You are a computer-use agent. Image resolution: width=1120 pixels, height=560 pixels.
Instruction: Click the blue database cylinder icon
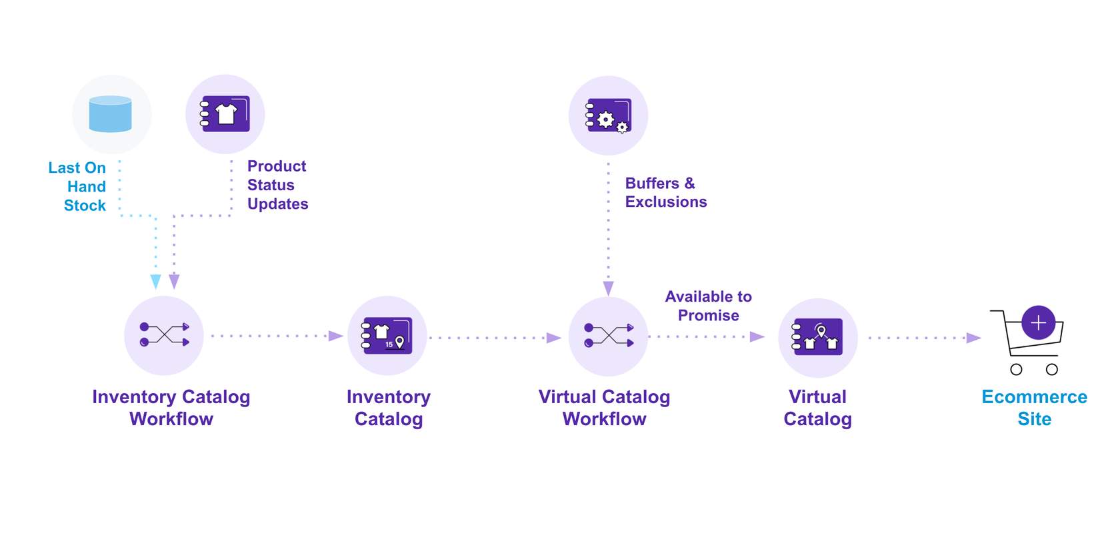point(111,114)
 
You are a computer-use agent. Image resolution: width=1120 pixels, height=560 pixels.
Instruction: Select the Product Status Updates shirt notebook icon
point(225,114)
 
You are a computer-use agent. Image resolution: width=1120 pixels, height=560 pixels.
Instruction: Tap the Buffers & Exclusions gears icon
point(608,116)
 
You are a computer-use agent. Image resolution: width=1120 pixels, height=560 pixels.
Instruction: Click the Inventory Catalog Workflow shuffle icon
point(164,335)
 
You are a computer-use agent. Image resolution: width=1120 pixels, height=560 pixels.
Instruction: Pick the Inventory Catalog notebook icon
point(387,335)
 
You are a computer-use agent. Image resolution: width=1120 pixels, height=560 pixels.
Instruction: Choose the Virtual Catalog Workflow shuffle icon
point(608,336)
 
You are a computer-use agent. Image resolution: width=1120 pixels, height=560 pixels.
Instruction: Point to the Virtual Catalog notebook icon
point(817,337)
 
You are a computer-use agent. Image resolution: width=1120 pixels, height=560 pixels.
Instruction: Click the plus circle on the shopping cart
point(1038,323)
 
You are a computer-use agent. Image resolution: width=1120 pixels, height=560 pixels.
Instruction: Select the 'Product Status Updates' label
point(277,185)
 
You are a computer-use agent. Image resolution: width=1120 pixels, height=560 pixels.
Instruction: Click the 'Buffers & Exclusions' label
point(665,193)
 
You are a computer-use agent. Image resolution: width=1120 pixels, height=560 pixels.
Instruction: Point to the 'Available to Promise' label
point(708,306)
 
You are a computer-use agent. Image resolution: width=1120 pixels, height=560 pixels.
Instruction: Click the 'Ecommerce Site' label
point(1034,408)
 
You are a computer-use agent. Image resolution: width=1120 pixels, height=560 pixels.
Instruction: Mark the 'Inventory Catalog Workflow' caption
point(171,408)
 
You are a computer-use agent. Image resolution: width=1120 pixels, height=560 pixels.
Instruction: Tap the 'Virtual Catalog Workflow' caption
point(604,408)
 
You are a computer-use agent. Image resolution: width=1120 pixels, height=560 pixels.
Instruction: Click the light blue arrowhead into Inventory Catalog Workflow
point(156,282)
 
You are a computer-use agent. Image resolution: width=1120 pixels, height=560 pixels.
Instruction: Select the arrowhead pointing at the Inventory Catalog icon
point(336,336)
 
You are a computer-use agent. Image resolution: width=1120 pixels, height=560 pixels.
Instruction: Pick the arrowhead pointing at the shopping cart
point(973,338)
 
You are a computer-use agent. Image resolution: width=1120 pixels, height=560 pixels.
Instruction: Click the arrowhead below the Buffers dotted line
point(608,288)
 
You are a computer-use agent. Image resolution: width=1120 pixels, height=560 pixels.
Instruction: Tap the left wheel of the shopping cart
point(1016,370)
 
